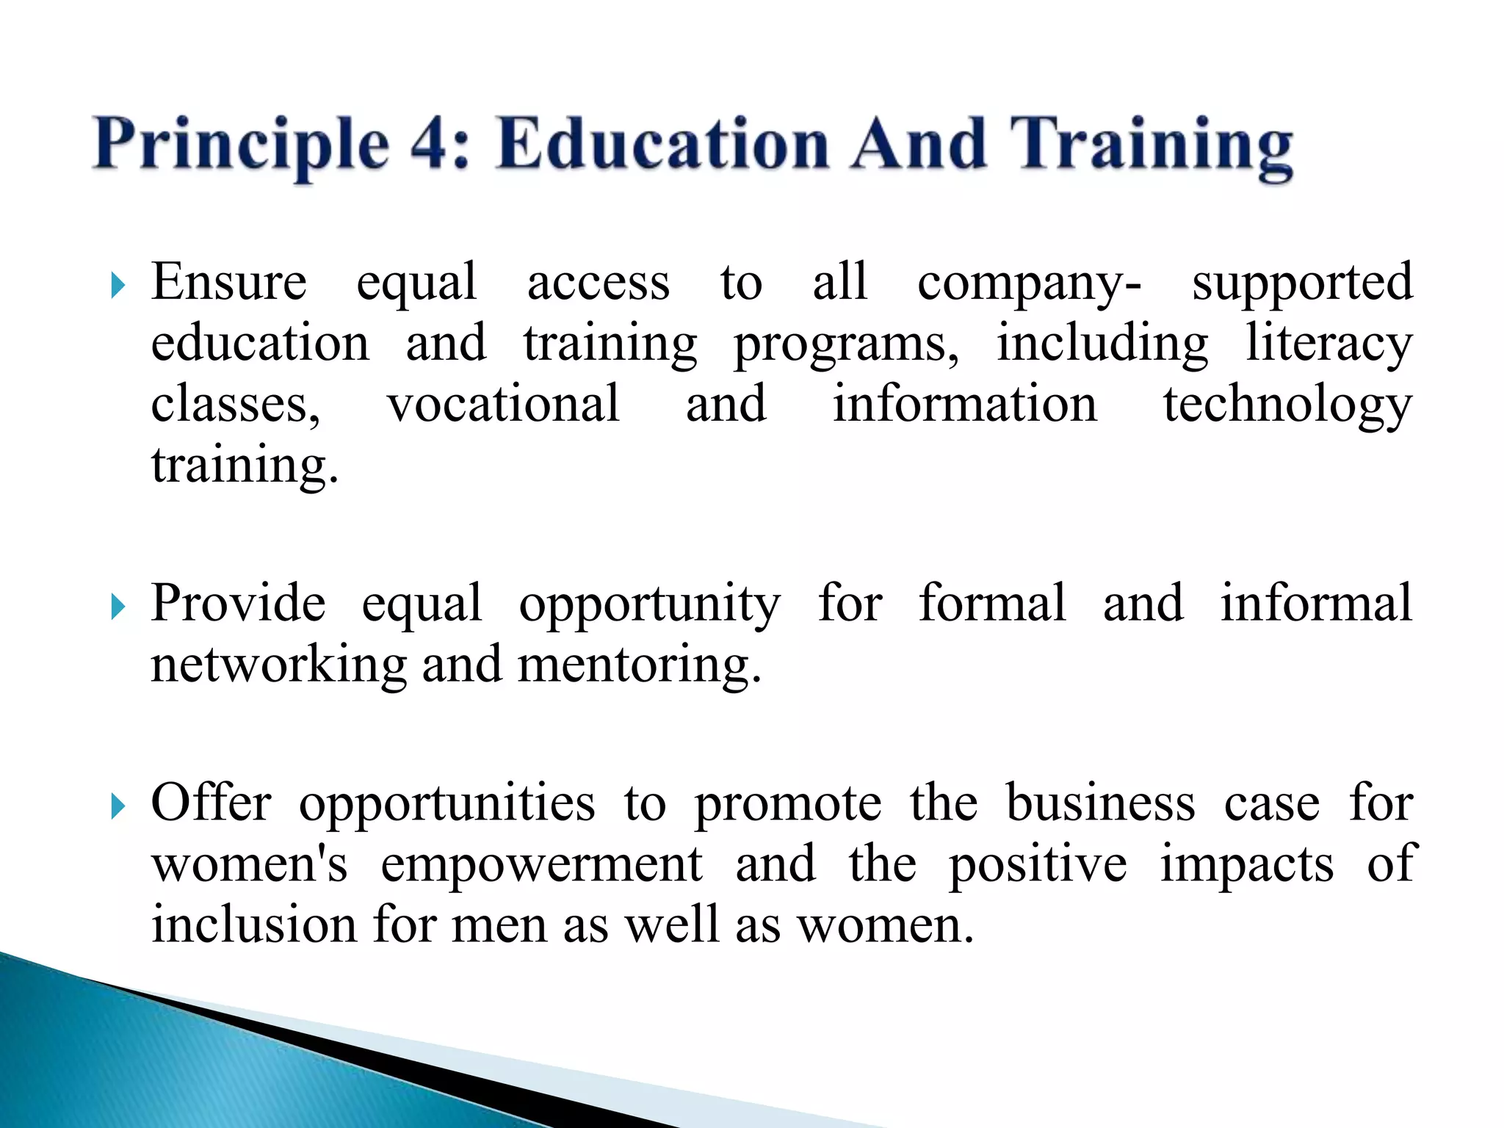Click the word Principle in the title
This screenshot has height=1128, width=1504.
click(242, 145)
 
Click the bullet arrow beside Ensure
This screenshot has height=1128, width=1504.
click(117, 285)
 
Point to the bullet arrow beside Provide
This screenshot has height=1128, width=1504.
click(117, 607)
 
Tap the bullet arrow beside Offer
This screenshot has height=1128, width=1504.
click(117, 806)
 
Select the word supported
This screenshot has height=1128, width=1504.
click(1302, 283)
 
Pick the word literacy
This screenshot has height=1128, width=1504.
click(1328, 344)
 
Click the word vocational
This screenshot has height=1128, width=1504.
click(503, 404)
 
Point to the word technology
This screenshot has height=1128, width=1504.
click(1287, 405)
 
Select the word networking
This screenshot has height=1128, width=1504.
click(278, 665)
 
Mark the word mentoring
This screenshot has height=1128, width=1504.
click(639, 665)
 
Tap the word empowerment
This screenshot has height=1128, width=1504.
click(541, 865)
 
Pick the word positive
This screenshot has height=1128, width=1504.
click(1038, 865)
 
